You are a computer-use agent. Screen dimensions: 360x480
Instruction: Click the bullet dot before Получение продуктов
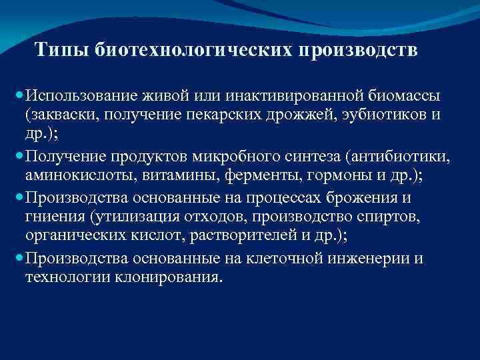click(21, 157)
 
